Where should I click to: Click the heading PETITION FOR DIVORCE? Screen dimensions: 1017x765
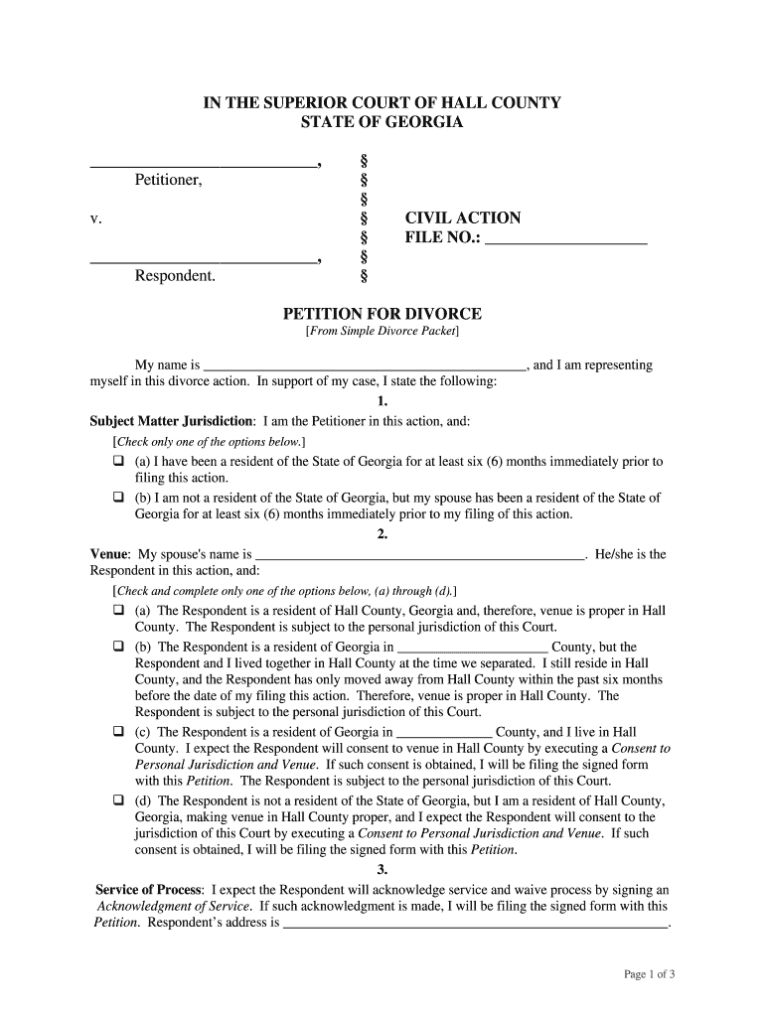(382, 314)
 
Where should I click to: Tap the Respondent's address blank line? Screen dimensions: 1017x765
(477, 925)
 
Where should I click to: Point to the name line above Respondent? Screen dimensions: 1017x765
(204, 262)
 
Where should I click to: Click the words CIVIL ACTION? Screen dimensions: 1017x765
(462, 218)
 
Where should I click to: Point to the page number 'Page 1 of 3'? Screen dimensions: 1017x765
(649, 974)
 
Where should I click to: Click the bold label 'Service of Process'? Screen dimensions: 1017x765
(149, 889)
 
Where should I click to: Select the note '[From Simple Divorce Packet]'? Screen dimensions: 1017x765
(382, 332)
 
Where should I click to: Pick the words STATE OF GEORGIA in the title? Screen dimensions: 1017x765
(382, 122)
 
